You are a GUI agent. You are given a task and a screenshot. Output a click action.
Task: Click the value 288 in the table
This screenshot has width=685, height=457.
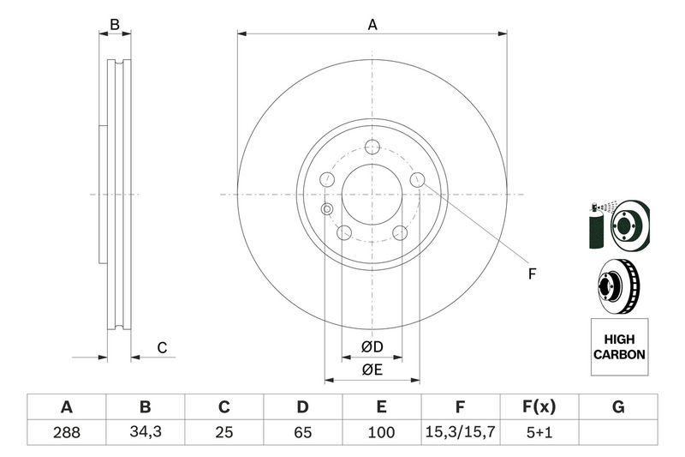pos(66,433)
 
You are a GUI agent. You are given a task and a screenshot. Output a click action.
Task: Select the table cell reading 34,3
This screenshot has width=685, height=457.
pos(145,433)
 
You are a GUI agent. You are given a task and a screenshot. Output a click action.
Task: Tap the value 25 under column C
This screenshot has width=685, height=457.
pos(224,433)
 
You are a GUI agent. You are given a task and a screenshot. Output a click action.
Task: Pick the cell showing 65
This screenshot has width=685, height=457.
pos(302,433)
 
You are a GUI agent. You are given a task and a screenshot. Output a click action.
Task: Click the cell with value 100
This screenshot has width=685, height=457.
pos(382,433)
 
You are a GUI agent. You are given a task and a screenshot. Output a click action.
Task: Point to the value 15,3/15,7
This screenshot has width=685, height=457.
pos(461,433)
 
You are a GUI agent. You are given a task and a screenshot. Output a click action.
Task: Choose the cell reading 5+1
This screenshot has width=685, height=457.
pos(539,433)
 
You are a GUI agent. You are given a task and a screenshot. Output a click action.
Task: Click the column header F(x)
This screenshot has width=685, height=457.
pos(539,407)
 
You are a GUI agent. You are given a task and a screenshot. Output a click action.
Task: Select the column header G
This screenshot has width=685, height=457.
pos(618,407)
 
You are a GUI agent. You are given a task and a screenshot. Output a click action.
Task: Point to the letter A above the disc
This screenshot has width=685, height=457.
pos(372,25)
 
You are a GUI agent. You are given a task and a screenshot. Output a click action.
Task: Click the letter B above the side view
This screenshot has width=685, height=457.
pos(115,25)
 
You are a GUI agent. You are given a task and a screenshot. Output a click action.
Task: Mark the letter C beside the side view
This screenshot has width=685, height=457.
pos(161,347)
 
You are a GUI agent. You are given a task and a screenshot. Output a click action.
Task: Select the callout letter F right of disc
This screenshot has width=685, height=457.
pos(531,274)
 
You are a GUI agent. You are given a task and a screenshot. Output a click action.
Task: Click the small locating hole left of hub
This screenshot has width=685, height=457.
pos(326,209)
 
